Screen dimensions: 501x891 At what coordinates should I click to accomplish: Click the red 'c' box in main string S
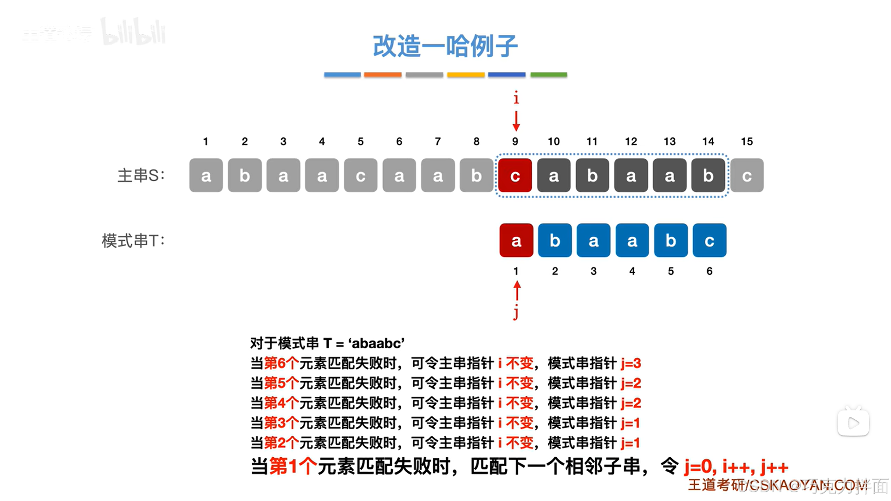(x=515, y=176)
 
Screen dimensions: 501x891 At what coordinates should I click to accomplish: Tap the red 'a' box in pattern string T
(x=516, y=241)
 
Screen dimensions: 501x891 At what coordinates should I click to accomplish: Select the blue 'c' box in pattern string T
(x=709, y=241)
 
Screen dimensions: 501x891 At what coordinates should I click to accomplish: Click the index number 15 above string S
(x=747, y=142)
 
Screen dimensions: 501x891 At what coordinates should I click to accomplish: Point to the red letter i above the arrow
(x=516, y=98)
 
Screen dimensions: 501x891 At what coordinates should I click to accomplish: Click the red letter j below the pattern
(x=516, y=312)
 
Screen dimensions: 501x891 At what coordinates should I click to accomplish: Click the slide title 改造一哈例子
(x=445, y=46)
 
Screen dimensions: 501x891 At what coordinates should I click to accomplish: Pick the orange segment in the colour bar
(x=383, y=74)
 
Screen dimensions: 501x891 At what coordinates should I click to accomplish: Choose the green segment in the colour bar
(x=548, y=74)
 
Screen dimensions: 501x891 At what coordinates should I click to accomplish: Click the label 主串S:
(x=141, y=176)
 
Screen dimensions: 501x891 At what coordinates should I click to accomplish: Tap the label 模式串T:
(x=133, y=241)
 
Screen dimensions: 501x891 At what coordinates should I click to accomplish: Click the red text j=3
(x=631, y=363)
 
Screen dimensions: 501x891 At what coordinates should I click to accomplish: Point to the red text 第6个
(x=281, y=363)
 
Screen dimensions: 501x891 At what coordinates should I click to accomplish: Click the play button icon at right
(x=853, y=423)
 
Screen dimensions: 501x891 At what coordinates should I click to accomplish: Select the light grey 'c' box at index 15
(x=747, y=176)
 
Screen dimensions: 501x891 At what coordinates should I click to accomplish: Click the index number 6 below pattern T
(x=709, y=271)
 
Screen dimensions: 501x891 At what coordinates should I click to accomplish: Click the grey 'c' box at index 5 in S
(x=360, y=176)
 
